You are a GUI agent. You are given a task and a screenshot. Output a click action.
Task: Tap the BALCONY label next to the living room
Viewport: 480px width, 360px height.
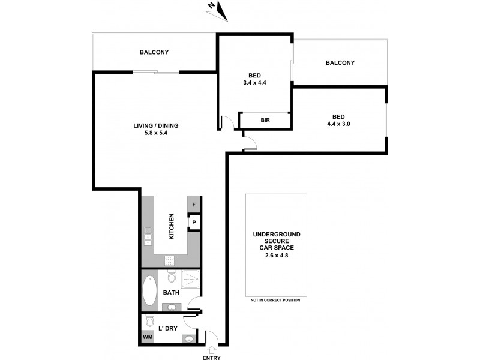click(154, 52)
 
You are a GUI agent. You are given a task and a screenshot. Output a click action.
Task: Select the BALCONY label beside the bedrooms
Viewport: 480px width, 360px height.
click(340, 62)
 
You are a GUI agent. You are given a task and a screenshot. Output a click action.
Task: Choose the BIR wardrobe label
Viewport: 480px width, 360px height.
click(265, 120)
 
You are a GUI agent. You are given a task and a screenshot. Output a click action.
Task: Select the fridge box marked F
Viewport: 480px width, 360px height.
click(194, 205)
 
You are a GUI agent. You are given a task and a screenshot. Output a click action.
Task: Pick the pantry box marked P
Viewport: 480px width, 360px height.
click(194, 223)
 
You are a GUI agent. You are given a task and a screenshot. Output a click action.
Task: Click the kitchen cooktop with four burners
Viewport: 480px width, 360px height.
click(170, 260)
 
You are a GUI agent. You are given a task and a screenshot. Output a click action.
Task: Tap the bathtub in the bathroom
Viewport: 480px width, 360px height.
click(149, 292)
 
